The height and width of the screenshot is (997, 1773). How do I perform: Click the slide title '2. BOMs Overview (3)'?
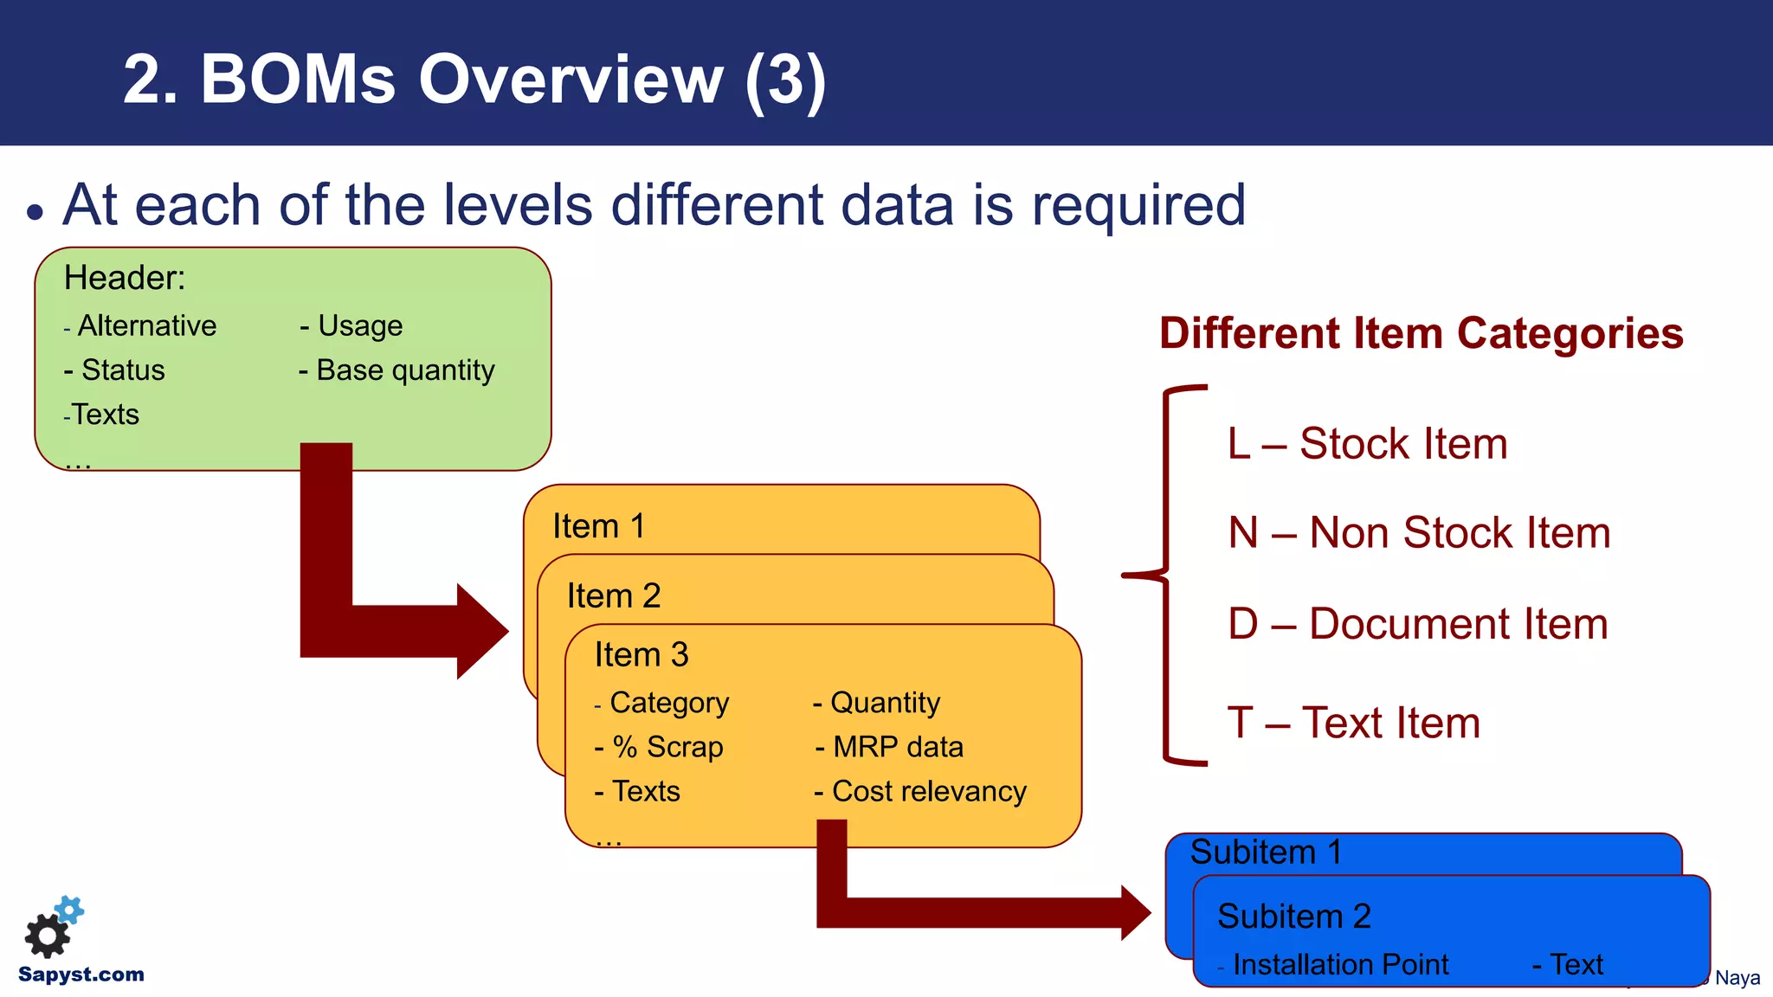[x=474, y=80]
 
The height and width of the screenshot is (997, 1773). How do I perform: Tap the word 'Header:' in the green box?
[x=125, y=278]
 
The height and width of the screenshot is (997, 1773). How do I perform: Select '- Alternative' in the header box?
[x=141, y=326]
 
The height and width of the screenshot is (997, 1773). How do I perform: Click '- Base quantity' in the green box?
[x=397, y=370]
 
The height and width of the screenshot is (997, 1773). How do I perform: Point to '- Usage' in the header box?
[x=351, y=326]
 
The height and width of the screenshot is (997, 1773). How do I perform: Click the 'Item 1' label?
[x=599, y=526]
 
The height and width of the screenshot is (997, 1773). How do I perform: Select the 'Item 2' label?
[x=614, y=595]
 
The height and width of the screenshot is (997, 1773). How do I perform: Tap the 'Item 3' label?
[x=642, y=655]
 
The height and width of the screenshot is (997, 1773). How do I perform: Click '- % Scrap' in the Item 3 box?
[x=660, y=747]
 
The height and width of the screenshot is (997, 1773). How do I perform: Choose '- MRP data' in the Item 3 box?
[x=890, y=747]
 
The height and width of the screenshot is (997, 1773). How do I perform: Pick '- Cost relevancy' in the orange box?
[x=920, y=791]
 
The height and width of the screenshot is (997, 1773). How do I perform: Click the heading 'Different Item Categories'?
[x=1421, y=333]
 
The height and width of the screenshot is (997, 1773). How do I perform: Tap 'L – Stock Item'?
[x=1367, y=444]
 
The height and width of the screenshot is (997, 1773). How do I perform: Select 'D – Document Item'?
[x=1417, y=624]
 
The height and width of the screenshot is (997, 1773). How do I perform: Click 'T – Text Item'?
[x=1353, y=723]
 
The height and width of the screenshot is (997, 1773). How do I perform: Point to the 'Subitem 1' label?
[x=1266, y=852]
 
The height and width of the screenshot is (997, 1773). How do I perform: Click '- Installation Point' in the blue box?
[x=1333, y=964]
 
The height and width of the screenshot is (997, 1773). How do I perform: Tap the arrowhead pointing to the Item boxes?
[x=481, y=631]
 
